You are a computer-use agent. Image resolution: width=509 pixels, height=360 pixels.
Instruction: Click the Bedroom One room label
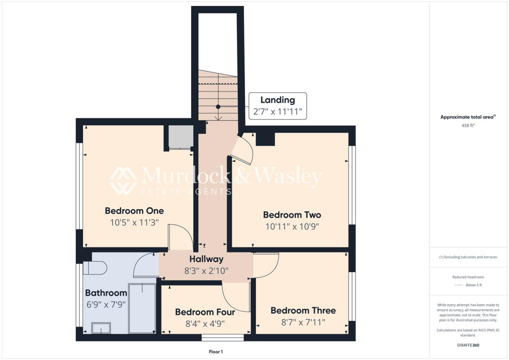click(x=134, y=210)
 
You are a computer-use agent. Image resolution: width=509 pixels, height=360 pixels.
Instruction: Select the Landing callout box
click(x=277, y=106)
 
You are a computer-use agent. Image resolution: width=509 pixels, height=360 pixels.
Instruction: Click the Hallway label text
click(x=206, y=259)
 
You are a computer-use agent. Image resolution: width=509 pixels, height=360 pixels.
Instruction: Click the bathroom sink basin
click(x=101, y=328)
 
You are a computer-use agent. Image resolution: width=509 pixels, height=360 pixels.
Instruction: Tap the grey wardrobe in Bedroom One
click(x=180, y=137)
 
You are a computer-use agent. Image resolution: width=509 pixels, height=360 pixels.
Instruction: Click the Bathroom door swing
click(x=145, y=265)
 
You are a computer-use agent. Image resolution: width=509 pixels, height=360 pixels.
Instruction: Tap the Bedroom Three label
click(x=303, y=310)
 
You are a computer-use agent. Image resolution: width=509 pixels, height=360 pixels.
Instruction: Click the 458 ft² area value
click(x=468, y=126)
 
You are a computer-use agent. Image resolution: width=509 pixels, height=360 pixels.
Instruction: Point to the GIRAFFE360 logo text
click(x=468, y=345)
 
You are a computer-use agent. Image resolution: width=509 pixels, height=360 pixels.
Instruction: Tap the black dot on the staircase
click(x=218, y=106)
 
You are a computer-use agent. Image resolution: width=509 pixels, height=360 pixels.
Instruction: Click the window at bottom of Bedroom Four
click(x=223, y=338)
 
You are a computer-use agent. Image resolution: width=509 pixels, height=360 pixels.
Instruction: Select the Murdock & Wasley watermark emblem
click(x=123, y=180)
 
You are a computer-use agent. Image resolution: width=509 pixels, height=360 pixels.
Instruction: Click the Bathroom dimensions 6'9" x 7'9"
click(x=106, y=304)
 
